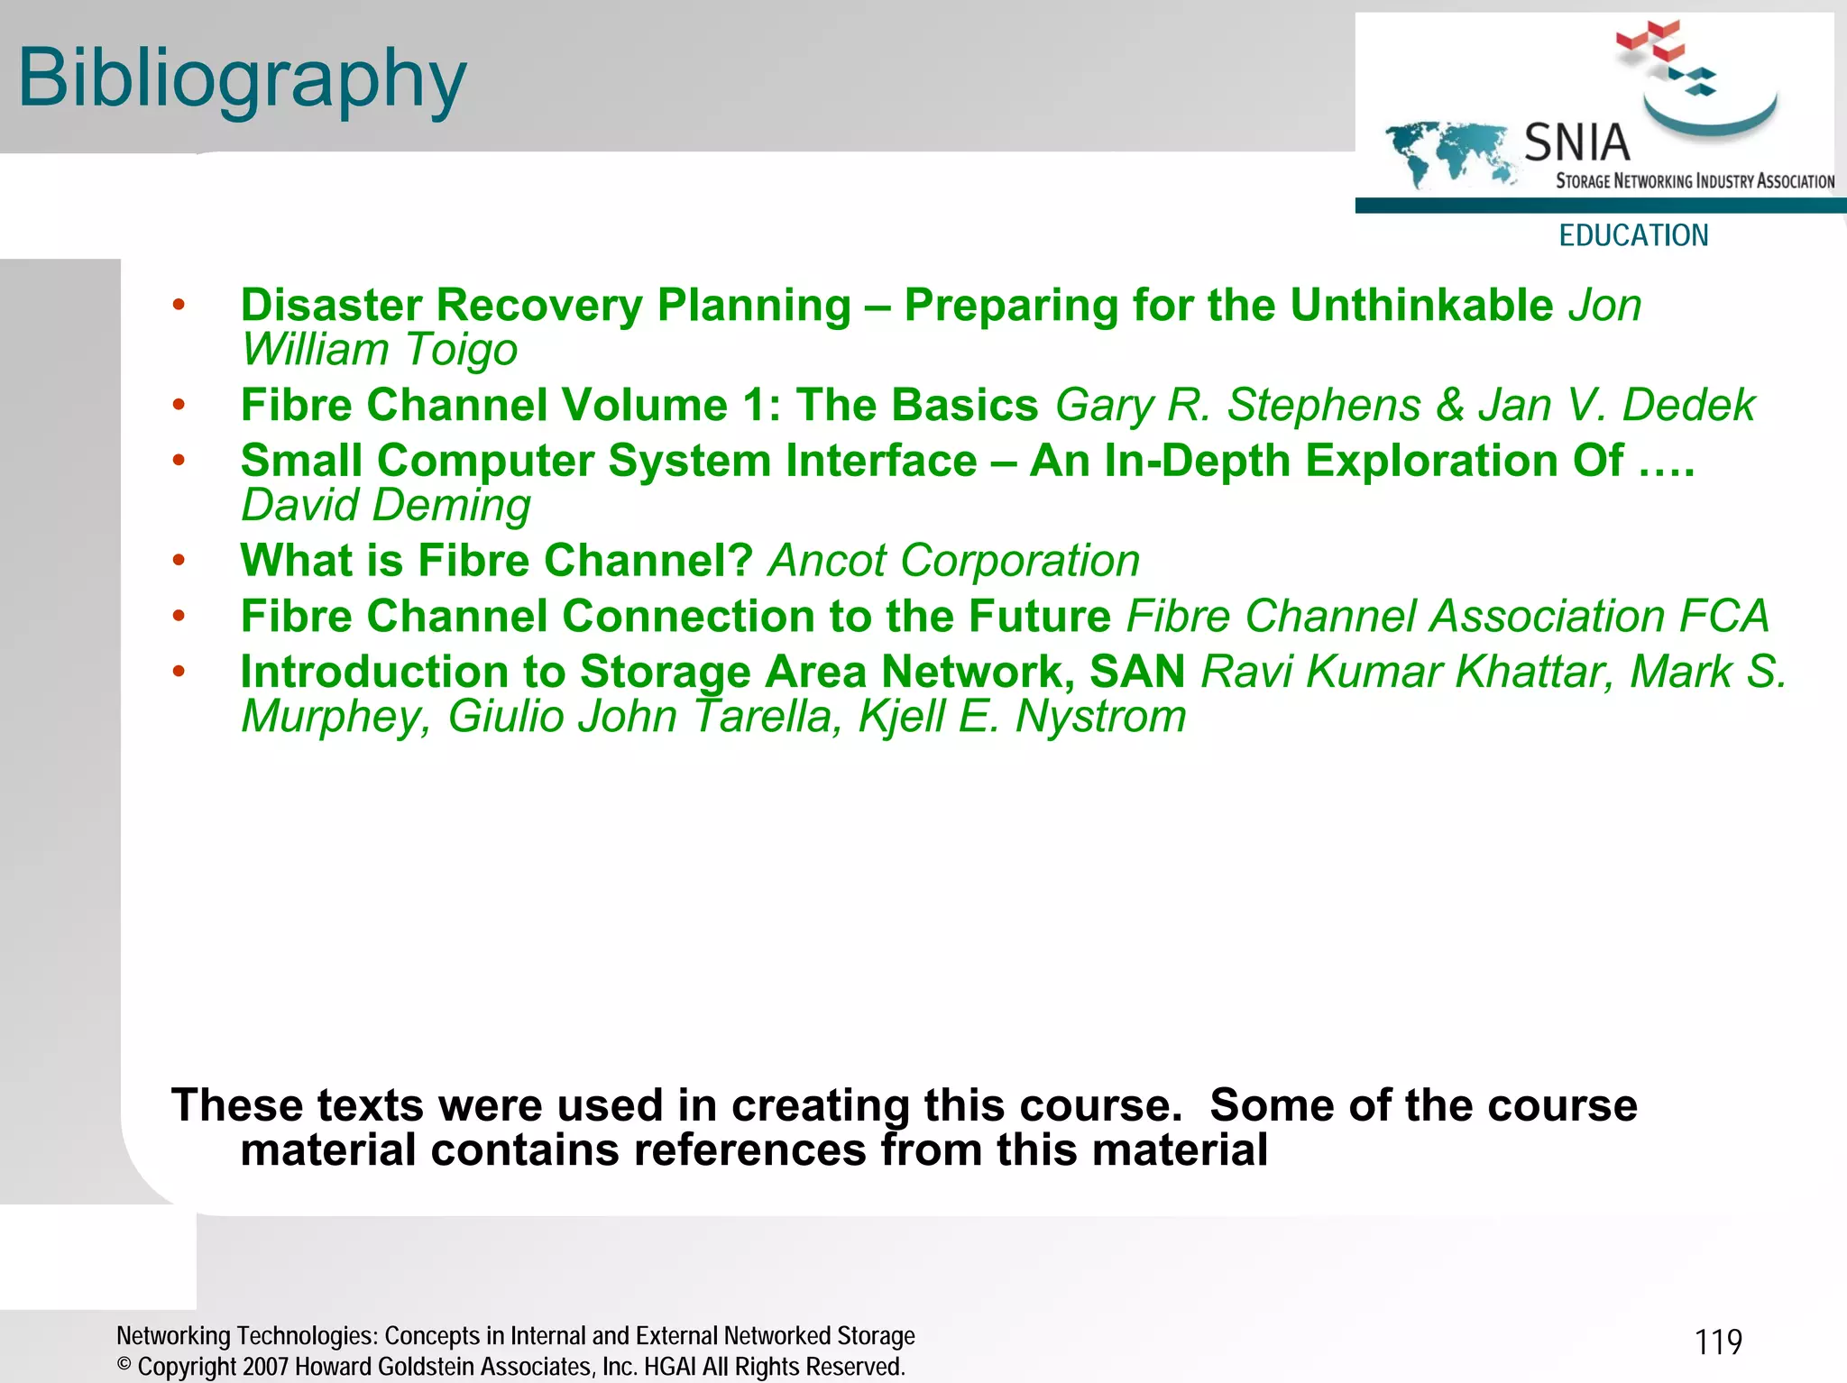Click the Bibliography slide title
242,79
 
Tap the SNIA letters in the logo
1576,143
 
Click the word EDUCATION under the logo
1633,235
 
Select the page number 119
1718,1342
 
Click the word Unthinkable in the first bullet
1421,305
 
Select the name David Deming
386,505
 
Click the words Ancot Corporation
954,561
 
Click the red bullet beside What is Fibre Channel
179,561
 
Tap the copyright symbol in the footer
124,1365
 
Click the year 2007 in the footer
266,1367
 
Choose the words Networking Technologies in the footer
247,1336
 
